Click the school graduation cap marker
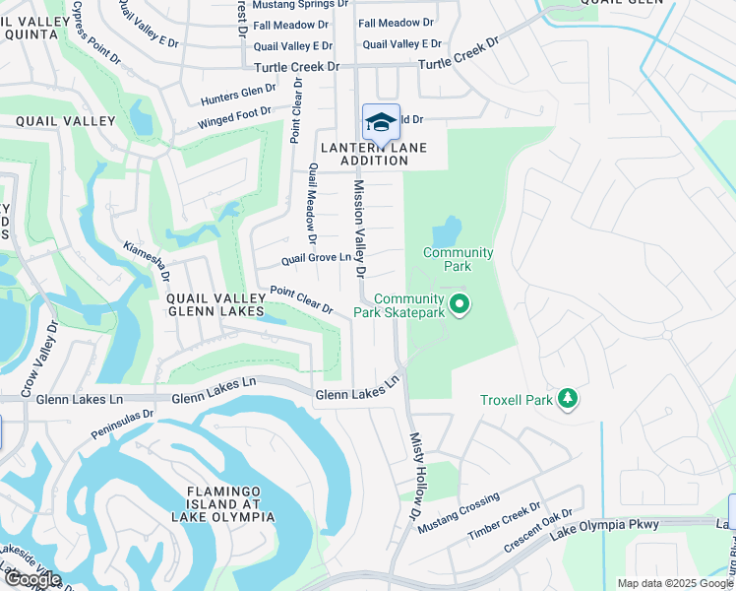381,123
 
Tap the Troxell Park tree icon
567,398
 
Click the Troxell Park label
517,400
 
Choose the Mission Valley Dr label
359,228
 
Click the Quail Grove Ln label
316,259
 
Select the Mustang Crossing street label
459,513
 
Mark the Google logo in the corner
31,579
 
